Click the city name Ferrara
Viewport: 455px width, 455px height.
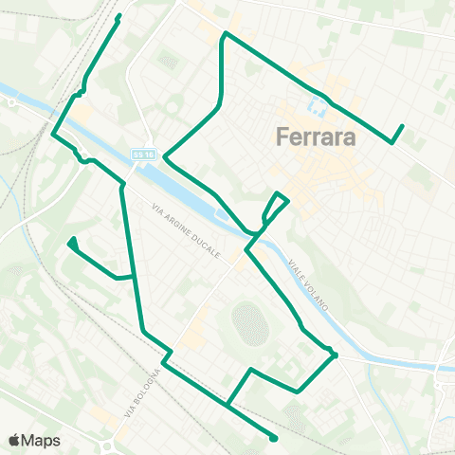[x=317, y=137]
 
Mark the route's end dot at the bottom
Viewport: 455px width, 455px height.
[x=273, y=438]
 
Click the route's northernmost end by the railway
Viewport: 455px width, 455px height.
[x=118, y=17]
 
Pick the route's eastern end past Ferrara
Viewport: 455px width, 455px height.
[x=402, y=127]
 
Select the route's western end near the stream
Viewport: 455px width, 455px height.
[x=73, y=241]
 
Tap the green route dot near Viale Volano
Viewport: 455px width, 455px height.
[x=334, y=355]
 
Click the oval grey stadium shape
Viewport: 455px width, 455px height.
[x=248, y=324]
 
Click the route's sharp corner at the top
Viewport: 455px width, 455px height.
[x=224, y=35]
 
